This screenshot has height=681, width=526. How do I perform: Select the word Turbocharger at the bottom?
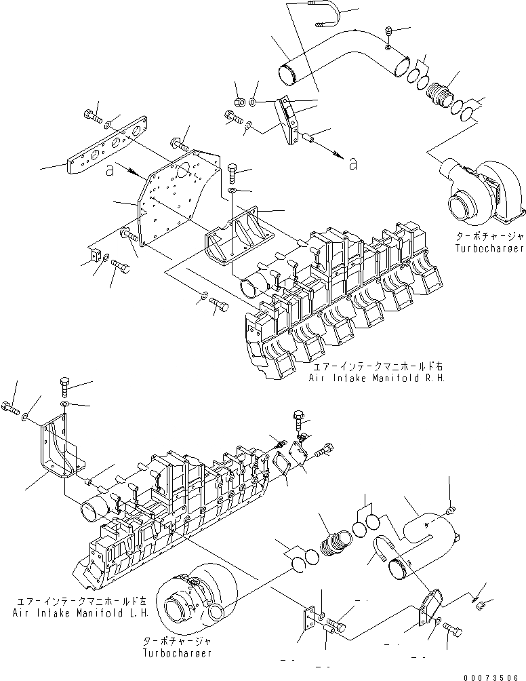[178, 653]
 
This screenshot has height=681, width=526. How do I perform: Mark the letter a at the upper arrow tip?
[352, 163]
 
